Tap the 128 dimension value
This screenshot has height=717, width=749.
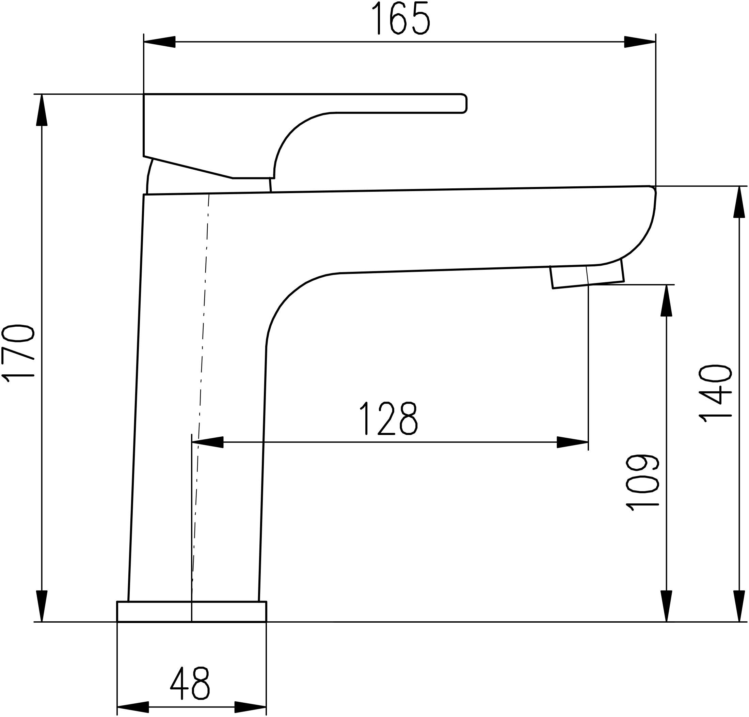pyautogui.click(x=389, y=418)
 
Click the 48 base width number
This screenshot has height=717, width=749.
pyautogui.click(x=190, y=683)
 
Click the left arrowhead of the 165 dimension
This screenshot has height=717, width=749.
pyautogui.click(x=159, y=42)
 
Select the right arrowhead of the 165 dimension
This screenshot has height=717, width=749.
pyautogui.click(x=640, y=42)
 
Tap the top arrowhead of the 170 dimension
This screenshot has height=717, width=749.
pyautogui.click(x=42, y=110)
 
